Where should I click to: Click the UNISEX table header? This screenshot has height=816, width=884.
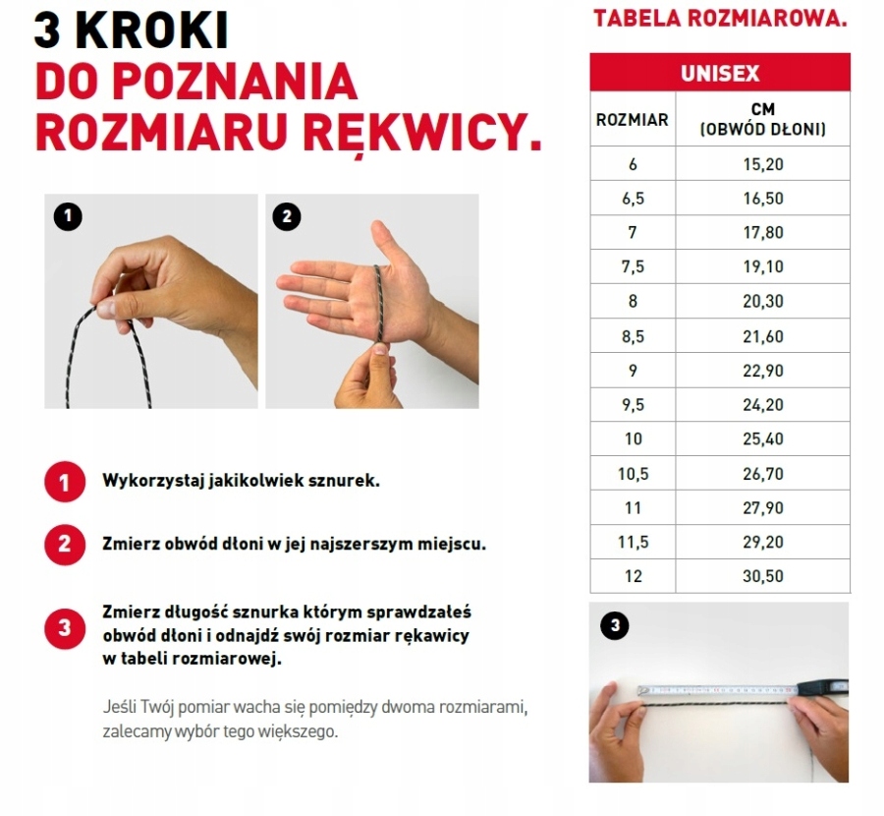point(720,74)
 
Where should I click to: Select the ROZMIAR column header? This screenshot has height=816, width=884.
point(633,120)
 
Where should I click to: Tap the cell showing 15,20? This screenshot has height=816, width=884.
point(763,164)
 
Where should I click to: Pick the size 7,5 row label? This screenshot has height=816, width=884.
point(633,267)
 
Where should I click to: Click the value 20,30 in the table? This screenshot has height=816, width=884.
point(763,302)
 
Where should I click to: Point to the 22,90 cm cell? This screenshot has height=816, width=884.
point(763,371)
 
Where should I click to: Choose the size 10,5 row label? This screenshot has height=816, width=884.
point(633,474)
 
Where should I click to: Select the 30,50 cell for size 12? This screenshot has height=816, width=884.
point(763,576)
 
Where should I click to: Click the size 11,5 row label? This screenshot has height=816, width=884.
point(633,542)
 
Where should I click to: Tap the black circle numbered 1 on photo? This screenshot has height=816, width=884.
point(67,216)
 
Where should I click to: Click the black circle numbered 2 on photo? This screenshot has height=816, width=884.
point(287,216)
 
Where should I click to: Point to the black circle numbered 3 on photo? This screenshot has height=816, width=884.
point(614,624)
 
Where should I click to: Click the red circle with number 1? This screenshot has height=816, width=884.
point(65,483)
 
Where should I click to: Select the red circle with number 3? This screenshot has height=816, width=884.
point(65,629)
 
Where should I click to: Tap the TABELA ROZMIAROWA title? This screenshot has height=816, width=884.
point(720,19)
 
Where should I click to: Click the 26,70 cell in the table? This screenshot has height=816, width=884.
point(763,474)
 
